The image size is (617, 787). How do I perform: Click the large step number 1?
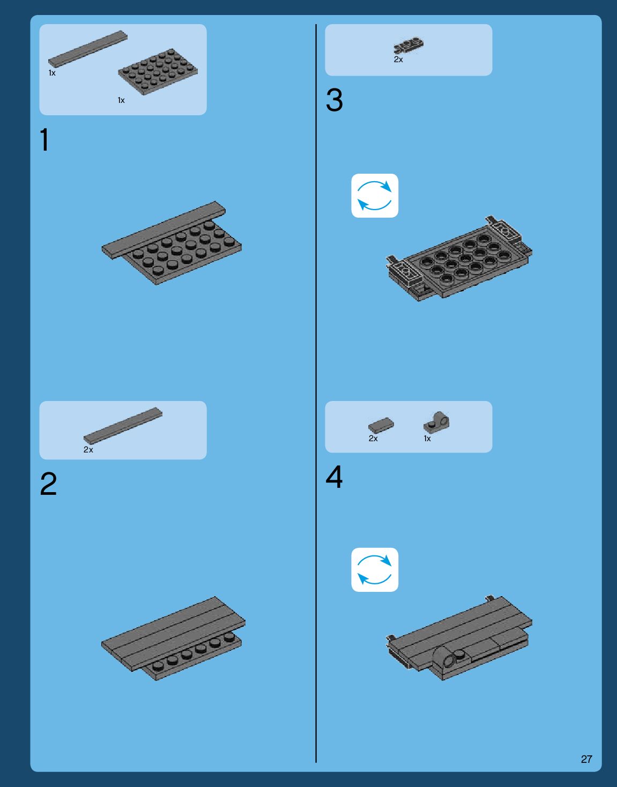pos(44,139)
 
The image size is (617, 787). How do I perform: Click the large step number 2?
pos(48,484)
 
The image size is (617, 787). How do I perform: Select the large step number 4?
pos(334,477)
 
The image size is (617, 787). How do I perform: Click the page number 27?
pos(586,759)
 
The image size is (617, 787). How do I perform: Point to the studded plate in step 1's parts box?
pos(158,72)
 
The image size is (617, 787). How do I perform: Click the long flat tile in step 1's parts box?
pos(87,49)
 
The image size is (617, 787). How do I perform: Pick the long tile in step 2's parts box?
pos(123,426)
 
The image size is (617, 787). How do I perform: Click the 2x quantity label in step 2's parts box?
pos(88,449)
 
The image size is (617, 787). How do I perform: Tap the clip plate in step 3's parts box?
pos(409,45)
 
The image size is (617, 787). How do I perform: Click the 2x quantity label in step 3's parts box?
pos(398,60)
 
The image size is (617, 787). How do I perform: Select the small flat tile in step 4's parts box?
pos(381,425)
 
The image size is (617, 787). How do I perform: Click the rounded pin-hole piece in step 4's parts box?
pos(436,422)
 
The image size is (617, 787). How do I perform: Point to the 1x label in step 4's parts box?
pos(427,439)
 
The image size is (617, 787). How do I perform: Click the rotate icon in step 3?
pos(375,196)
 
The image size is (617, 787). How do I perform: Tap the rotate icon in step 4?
pos(375,570)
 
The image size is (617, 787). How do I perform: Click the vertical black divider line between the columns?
pos(316,393)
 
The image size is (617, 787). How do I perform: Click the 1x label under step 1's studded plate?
pos(121,100)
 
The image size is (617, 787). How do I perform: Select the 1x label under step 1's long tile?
pos(52,73)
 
